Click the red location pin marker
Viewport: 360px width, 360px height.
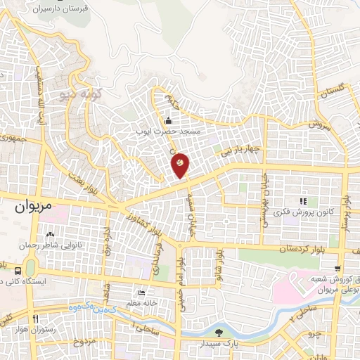point(181,165)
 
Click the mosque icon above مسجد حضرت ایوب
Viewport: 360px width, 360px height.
point(167,120)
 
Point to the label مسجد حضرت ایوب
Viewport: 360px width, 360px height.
point(169,131)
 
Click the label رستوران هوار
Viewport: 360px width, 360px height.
point(34,330)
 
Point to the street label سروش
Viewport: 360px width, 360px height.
point(317,124)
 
